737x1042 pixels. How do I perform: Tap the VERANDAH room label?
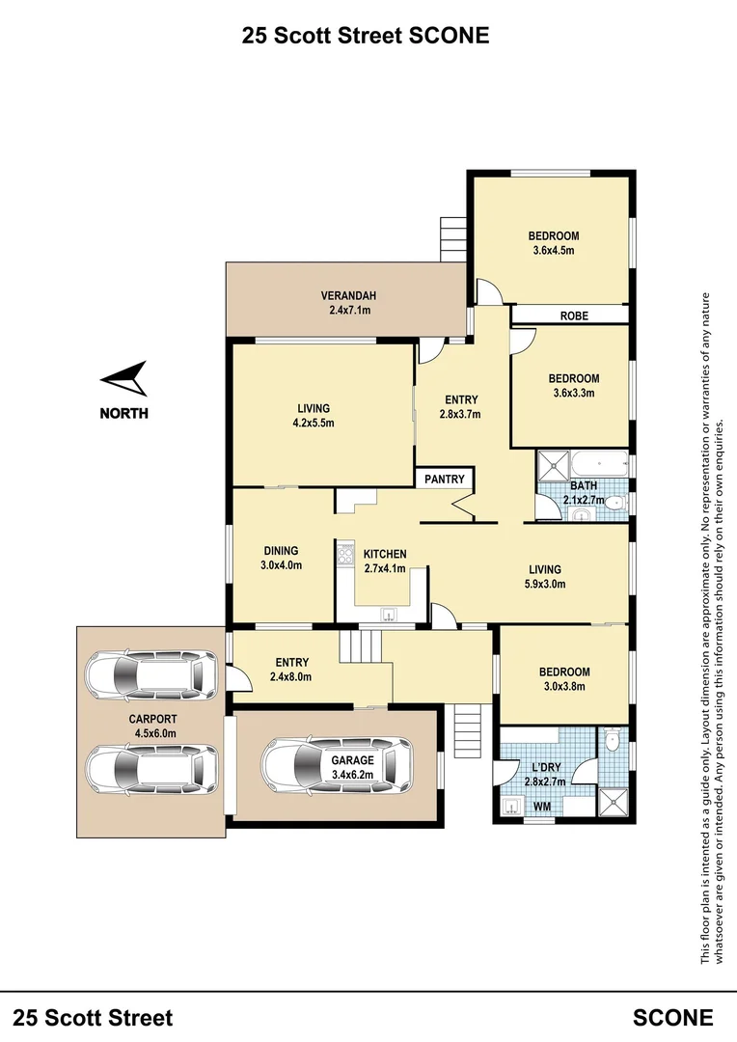348,296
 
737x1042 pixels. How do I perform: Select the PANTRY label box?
445,480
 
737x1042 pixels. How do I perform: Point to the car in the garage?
335,767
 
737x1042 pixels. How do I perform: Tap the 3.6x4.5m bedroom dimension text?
553,251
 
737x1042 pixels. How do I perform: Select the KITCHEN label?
385,554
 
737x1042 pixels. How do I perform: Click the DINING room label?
281,551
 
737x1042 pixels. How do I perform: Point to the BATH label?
584,485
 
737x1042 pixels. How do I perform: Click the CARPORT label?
153,719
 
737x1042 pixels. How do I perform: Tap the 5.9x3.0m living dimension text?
545,584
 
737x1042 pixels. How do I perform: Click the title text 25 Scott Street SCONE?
366,36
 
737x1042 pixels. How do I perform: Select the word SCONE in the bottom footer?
673,1017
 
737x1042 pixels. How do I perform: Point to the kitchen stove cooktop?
344,557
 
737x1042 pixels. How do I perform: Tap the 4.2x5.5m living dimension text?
314,423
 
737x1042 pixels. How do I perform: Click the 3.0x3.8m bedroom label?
565,687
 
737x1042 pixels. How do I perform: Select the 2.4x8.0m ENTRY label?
291,676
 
